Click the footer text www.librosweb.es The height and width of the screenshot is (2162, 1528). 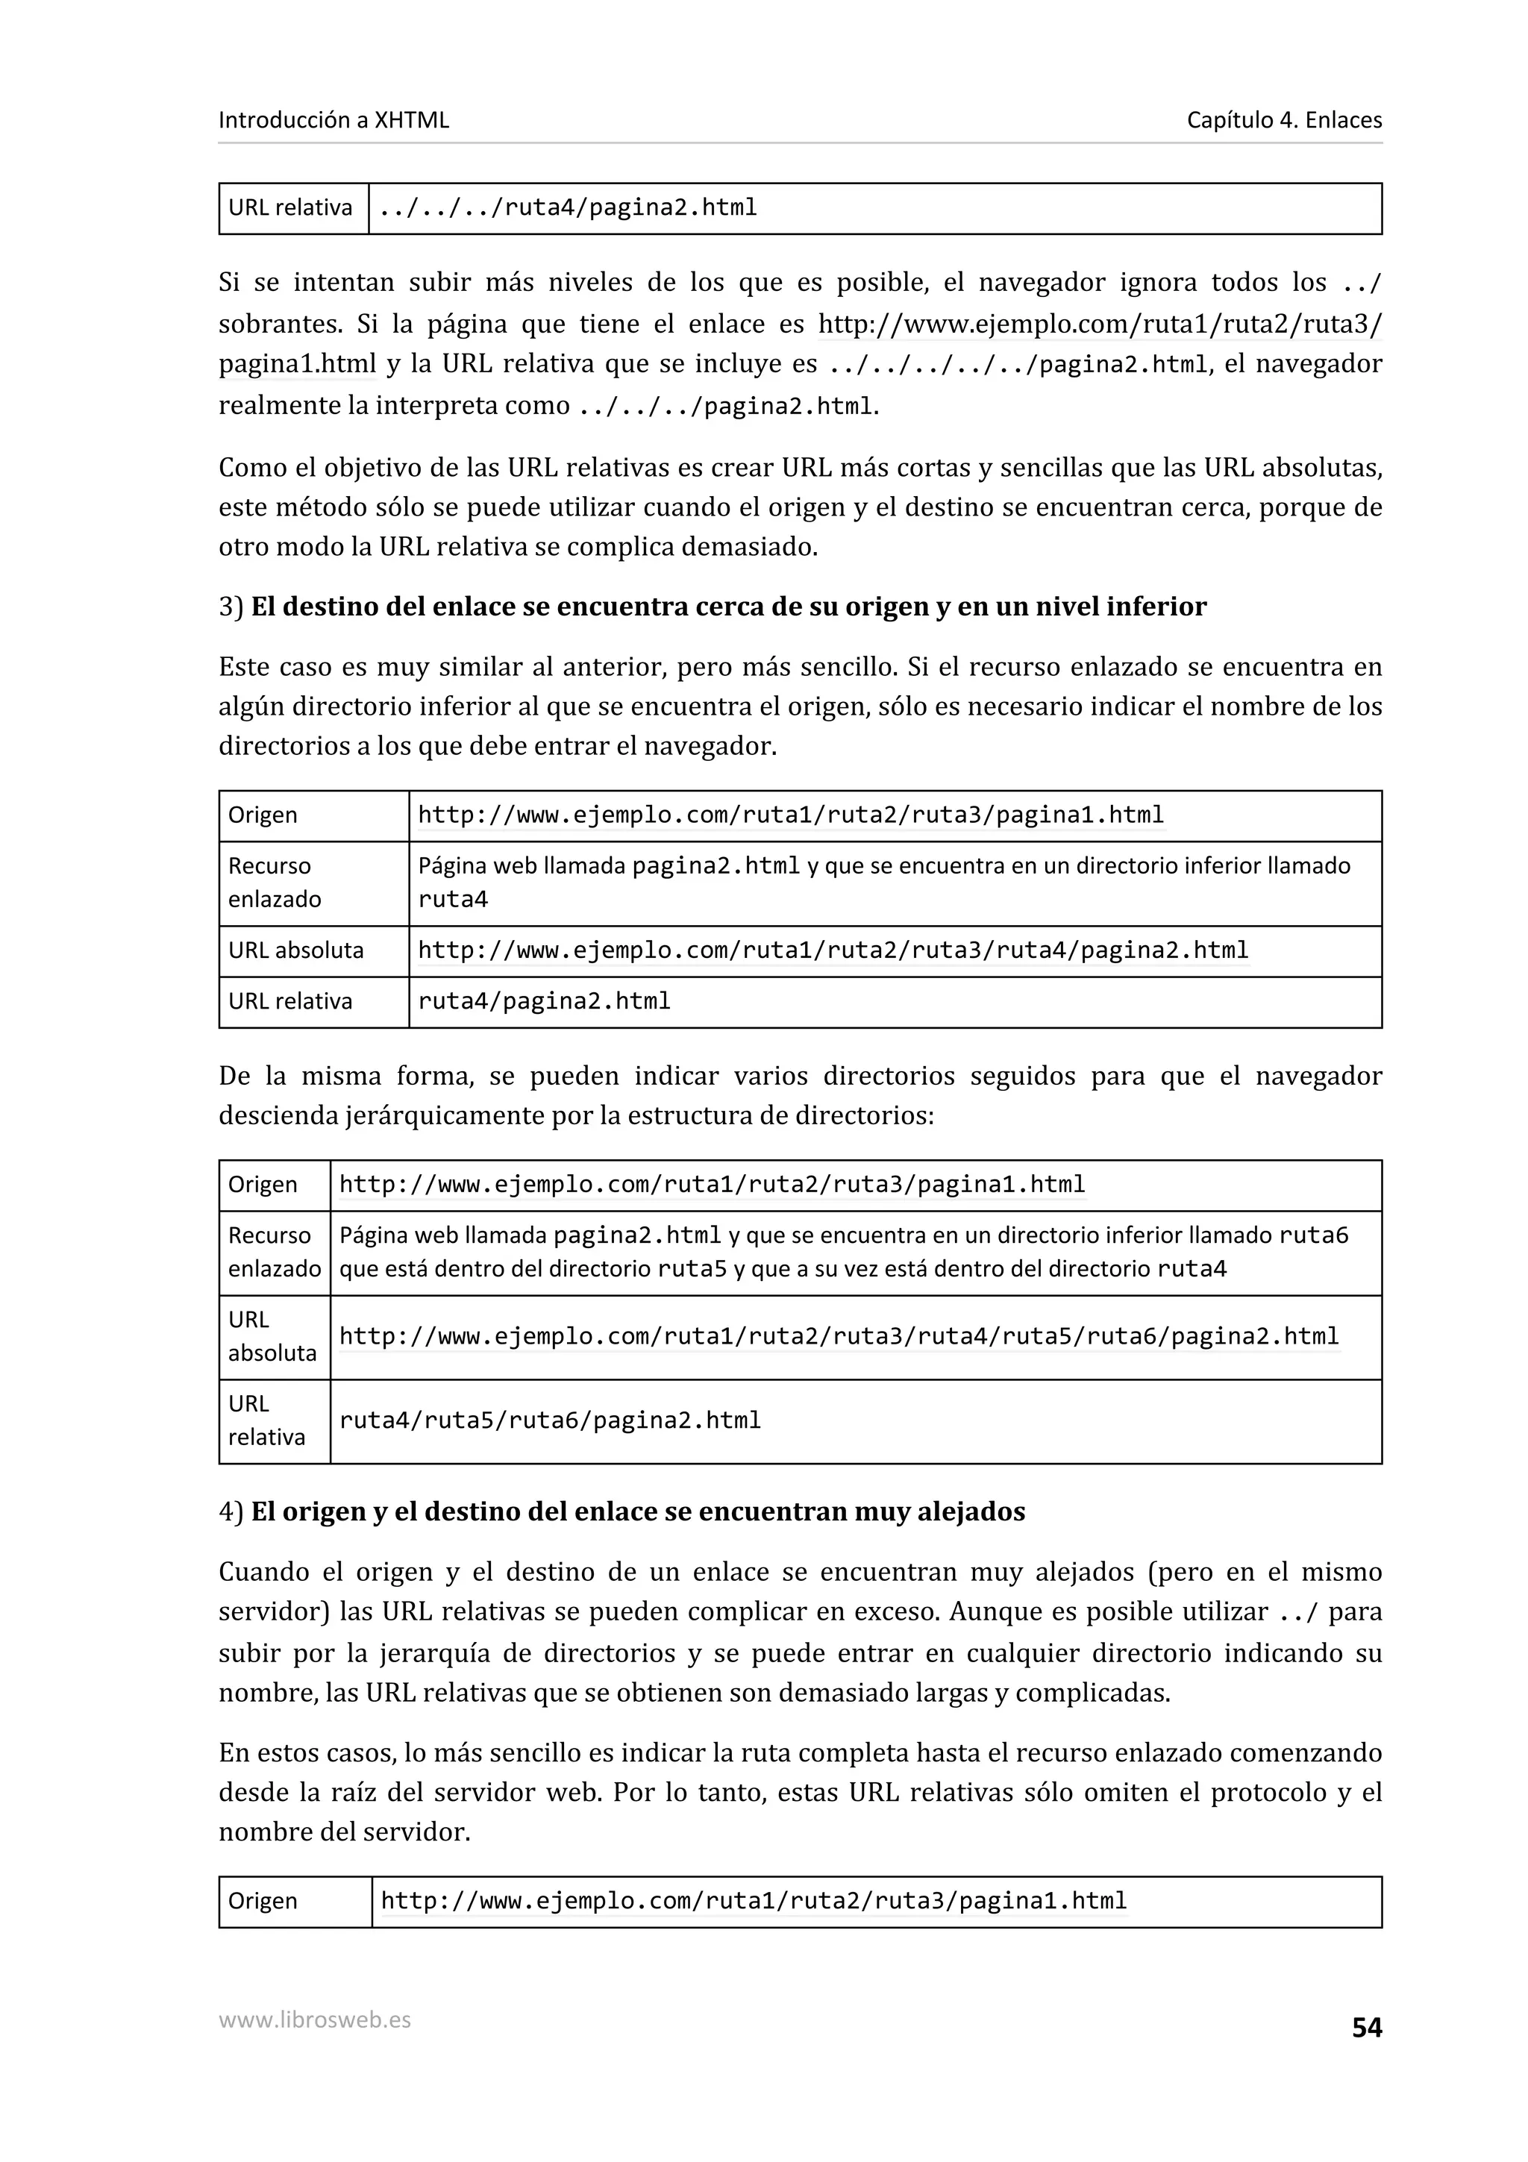(x=314, y=2019)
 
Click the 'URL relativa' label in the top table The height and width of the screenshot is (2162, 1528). (x=290, y=208)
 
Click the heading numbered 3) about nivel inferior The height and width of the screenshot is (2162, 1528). (x=712, y=607)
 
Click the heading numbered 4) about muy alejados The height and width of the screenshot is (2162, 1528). (x=621, y=1511)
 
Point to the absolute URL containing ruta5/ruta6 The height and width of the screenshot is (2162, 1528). (x=838, y=1336)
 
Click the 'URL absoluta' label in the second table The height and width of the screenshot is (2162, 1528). (x=295, y=950)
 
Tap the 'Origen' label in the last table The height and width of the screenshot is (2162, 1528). (x=263, y=1901)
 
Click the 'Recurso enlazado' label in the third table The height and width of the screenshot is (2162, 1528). (x=273, y=1251)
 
